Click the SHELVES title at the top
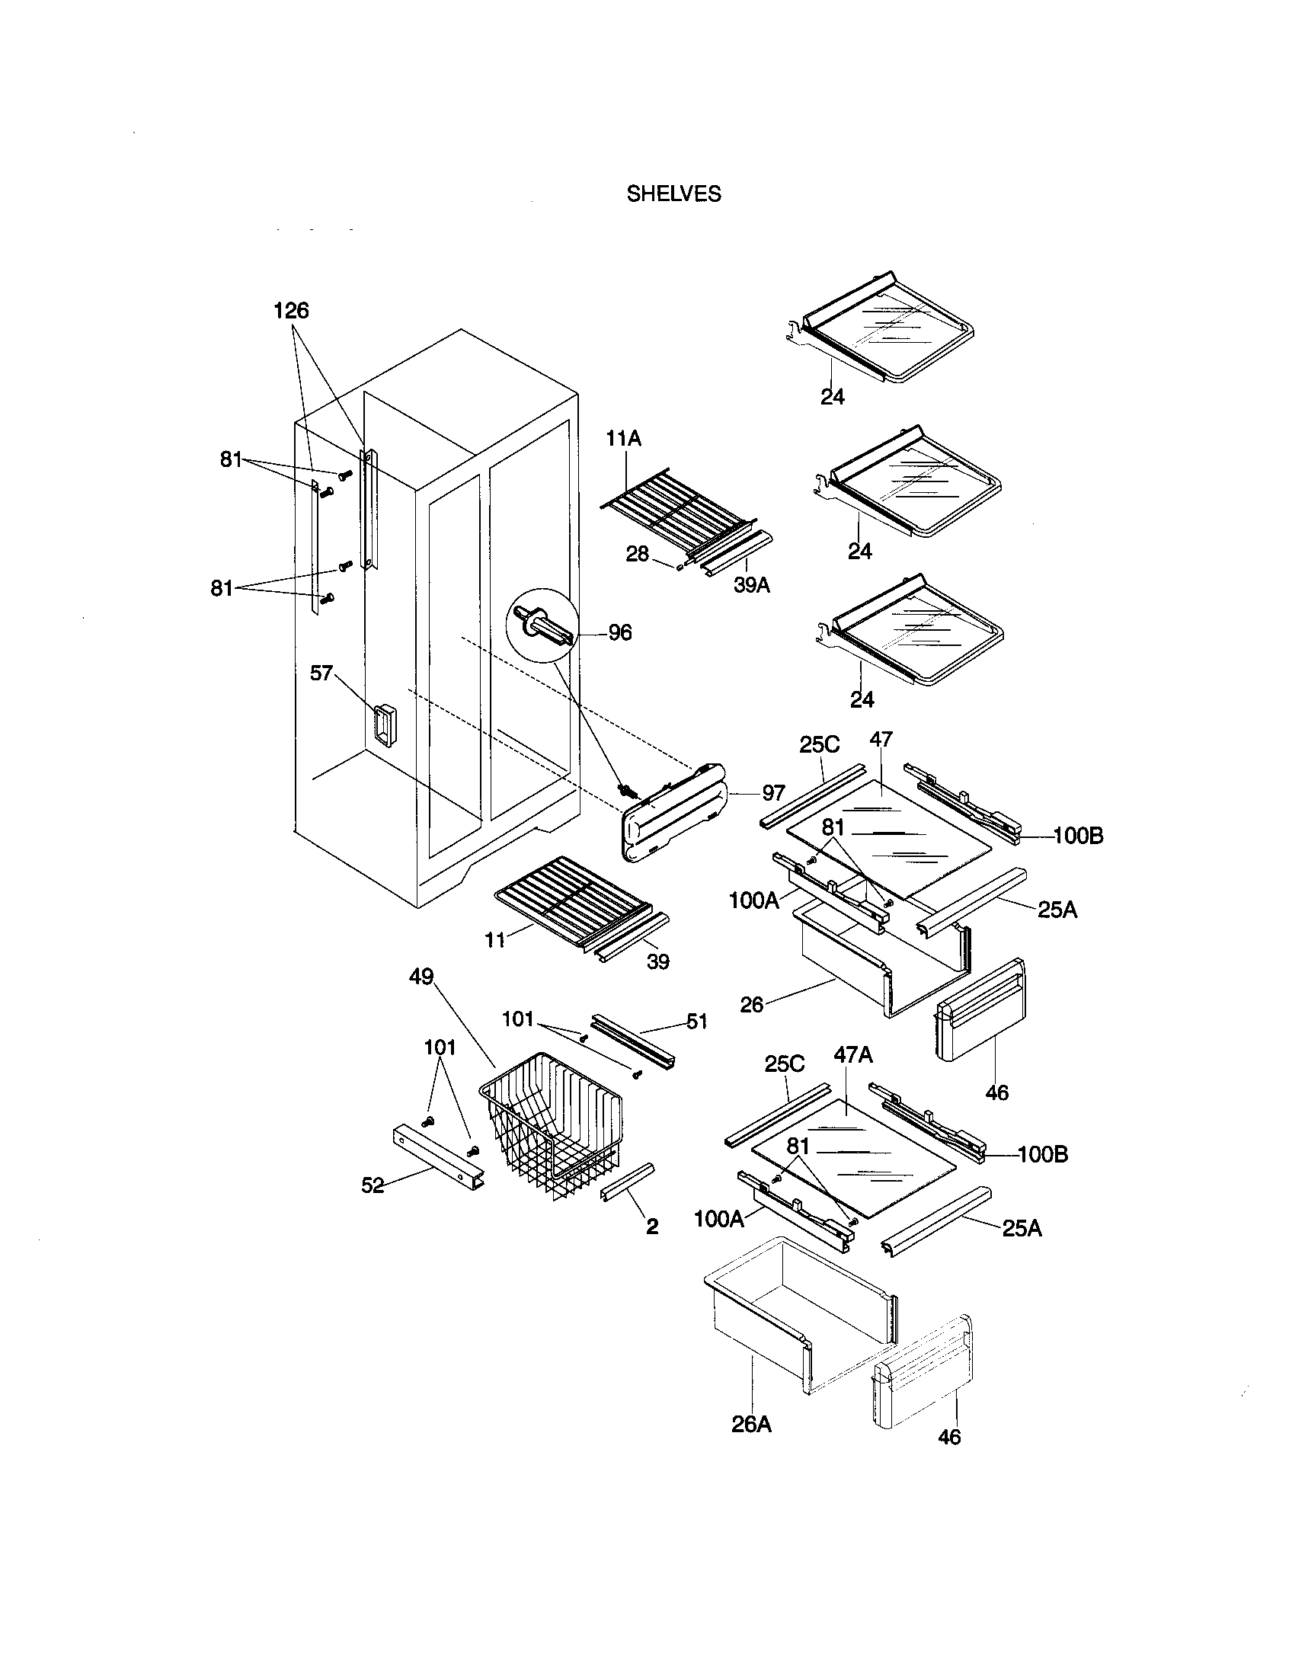point(673,194)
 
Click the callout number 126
point(291,311)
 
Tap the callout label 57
point(321,673)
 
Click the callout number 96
point(619,632)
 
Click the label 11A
point(623,439)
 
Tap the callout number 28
point(637,553)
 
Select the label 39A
point(752,585)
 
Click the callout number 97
point(773,794)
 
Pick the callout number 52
point(373,1185)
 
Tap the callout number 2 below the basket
point(652,1227)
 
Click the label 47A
point(853,1055)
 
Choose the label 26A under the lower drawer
point(751,1425)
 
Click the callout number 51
point(696,1022)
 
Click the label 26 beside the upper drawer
point(752,1004)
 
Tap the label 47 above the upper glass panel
point(881,740)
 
